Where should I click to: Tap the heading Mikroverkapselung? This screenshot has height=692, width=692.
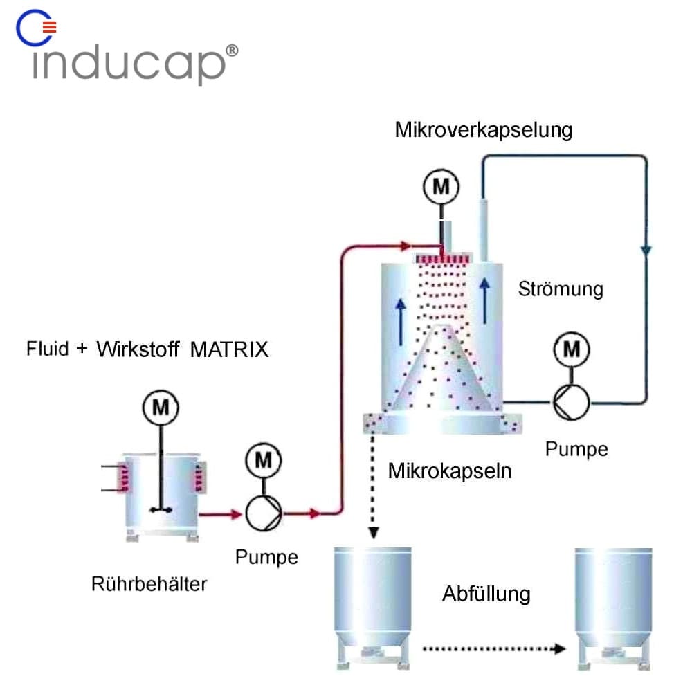[x=484, y=129]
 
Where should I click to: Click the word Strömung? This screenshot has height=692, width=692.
[x=561, y=288]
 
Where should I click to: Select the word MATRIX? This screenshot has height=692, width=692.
[x=229, y=349]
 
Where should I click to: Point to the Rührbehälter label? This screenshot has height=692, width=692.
[x=149, y=584]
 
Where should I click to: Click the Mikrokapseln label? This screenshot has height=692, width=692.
[x=450, y=472]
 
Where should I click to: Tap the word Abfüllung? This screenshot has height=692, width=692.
[x=486, y=594]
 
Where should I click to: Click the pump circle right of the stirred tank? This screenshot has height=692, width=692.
[x=263, y=513]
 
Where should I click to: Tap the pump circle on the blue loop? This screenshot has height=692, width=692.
[x=570, y=401]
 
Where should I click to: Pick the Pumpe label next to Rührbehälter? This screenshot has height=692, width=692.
[x=266, y=556]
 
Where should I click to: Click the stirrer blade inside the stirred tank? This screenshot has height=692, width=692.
[x=161, y=510]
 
